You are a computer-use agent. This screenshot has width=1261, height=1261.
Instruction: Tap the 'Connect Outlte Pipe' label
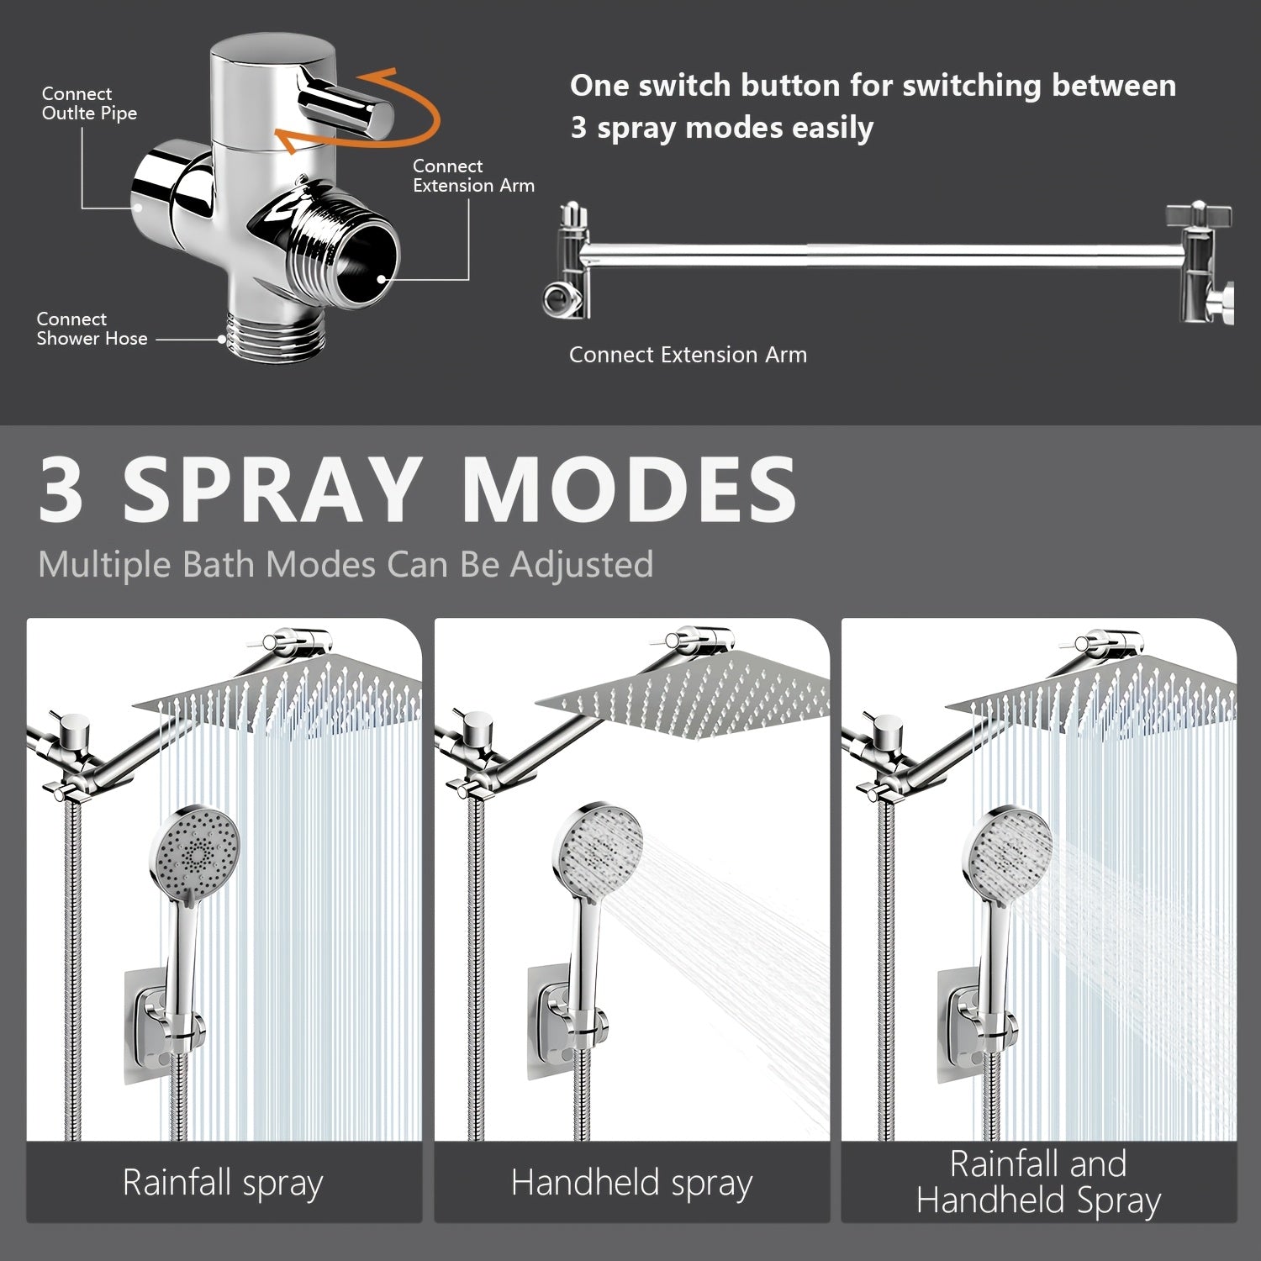pyautogui.click(x=88, y=103)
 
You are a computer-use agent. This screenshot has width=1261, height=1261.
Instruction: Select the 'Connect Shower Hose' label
pyautogui.click(x=91, y=329)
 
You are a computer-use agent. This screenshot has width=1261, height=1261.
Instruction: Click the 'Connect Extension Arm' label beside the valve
pyautogui.click(x=472, y=176)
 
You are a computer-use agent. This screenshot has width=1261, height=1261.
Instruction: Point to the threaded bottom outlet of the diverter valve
pyautogui.click(x=265, y=336)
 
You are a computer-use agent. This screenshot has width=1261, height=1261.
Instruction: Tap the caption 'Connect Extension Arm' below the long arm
pyautogui.click(x=687, y=355)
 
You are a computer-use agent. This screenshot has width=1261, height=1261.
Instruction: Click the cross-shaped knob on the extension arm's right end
pyautogui.click(x=1198, y=216)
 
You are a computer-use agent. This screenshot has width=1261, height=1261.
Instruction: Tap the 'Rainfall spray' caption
pyautogui.click(x=223, y=1182)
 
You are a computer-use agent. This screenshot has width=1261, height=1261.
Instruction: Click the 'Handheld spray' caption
pyautogui.click(x=631, y=1182)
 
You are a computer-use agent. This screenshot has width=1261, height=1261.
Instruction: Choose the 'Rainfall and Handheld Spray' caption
pyautogui.click(x=1038, y=1182)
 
